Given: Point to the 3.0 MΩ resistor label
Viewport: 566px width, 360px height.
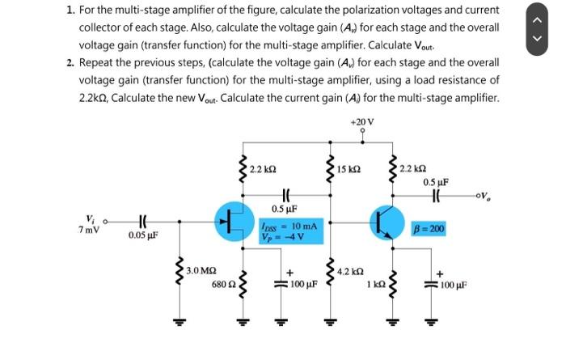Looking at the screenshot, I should click(x=201, y=269).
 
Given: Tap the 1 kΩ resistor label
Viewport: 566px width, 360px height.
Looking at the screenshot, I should click(x=375, y=285).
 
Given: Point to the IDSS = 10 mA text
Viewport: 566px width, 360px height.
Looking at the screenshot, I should click(x=283, y=226).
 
